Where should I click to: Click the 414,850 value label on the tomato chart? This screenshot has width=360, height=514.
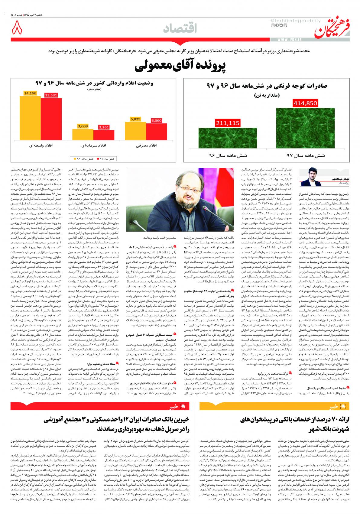coord(305,103)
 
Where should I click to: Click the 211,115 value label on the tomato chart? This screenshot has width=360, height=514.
coord(228,123)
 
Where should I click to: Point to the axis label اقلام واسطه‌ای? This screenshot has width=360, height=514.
coord(41,145)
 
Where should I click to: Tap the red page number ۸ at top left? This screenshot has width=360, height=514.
coord(17,29)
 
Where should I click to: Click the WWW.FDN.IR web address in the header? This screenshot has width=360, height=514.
coord(290,40)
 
